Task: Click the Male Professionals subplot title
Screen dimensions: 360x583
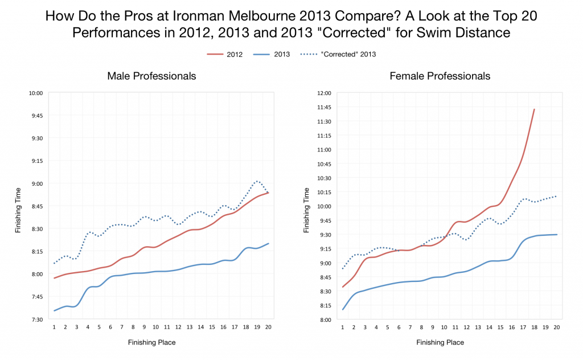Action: point(152,76)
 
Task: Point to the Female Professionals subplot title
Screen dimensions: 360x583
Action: point(440,76)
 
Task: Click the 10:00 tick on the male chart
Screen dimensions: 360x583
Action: point(36,93)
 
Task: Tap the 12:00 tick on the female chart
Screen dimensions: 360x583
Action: point(323,93)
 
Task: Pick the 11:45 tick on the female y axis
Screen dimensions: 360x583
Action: point(323,107)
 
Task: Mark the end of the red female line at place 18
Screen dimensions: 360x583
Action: point(534,109)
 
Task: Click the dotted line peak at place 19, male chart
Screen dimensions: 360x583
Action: point(257,181)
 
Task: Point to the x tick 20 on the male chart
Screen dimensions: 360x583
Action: point(268,327)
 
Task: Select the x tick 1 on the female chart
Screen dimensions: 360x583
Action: point(343,327)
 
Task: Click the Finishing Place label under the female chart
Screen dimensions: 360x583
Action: point(440,342)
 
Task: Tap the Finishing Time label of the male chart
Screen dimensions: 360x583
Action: point(18,206)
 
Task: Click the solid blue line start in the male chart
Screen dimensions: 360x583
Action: point(55,310)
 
